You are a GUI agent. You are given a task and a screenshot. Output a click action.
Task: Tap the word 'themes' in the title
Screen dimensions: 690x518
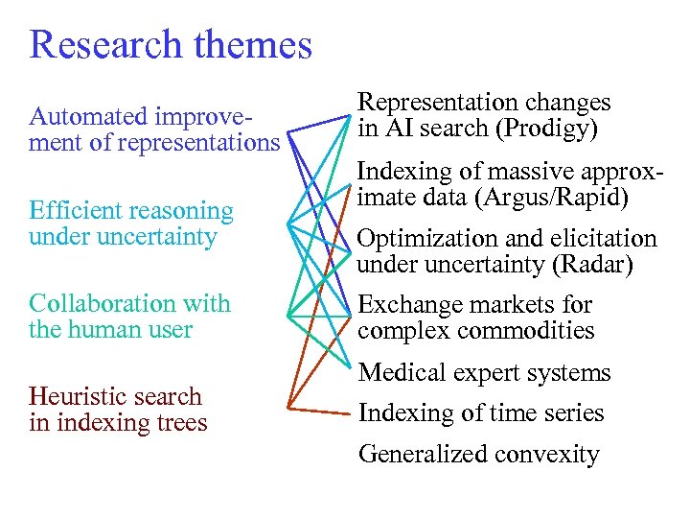click(256, 44)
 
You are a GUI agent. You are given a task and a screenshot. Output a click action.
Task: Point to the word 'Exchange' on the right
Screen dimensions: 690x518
click(409, 305)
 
